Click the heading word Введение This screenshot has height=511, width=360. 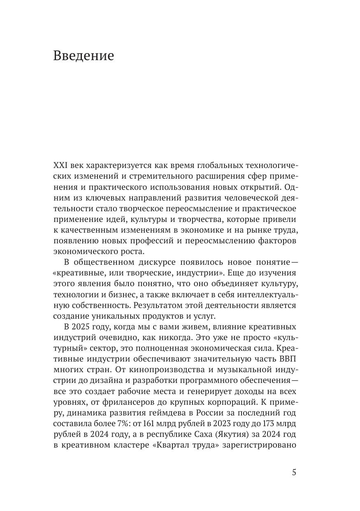[84, 56]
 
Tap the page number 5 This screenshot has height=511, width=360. [294, 472]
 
